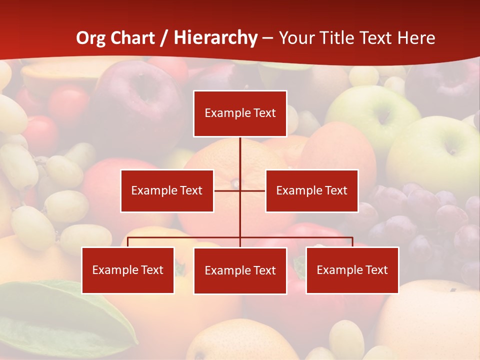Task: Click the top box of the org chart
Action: (x=240, y=113)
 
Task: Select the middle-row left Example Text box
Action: (x=167, y=190)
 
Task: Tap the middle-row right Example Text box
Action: (x=311, y=190)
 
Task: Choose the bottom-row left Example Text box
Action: (x=128, y=270)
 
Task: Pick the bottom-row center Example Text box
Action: (x=240, y=270)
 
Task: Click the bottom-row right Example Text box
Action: (x=352, y=270)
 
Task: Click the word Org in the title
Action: (x=91, y=38)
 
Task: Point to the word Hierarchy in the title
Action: (x=215, y=38)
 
